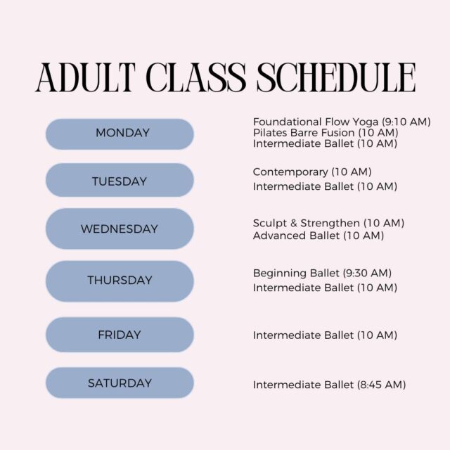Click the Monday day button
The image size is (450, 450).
tap(120, 134)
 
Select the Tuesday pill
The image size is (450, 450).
tap(120, 180)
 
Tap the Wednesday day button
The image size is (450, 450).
tap(120, 229)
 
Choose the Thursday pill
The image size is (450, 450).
tap(120, 281)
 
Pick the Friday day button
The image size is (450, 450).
tap(120, 335)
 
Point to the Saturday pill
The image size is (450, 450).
tap(120, 382)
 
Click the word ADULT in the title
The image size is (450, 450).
tap(86, 77)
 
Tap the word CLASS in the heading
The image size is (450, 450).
tap(195, 77)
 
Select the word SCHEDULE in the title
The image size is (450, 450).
tap(336, 77)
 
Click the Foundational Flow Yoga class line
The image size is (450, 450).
tap(342, 122)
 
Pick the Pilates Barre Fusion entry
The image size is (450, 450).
tap(326, 133)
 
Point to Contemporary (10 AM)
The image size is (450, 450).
tap(312, 172)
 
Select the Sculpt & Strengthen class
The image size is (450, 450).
tap(328, 223)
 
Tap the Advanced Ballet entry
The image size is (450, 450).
tap(319, 236)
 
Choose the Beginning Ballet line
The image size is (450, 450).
tap(322, 273)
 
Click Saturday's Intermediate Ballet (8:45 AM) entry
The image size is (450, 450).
tap(330, 385)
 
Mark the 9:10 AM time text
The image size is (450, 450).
tap(406, 122)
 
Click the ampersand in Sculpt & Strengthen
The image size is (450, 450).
tap(293, 223)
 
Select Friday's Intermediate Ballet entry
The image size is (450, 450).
tap(325, 335)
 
